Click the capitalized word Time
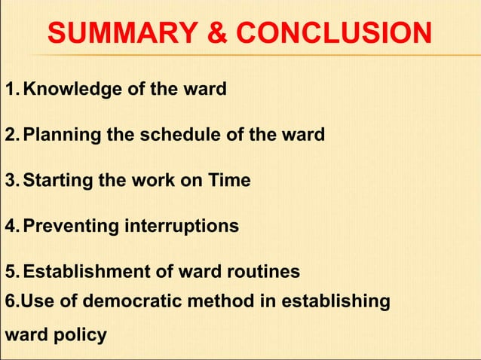[x=230, y=181]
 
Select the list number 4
[x=11, y=226]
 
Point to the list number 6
[x=10, y=302]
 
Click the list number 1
[x=10, y=90]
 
